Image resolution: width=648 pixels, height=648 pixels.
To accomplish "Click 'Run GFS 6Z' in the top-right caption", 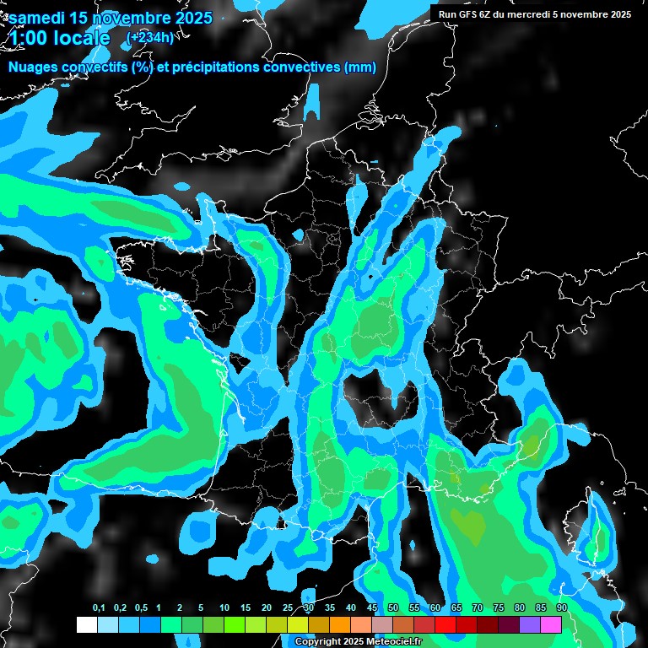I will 466,14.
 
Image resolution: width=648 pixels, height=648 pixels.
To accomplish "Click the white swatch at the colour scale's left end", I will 86,624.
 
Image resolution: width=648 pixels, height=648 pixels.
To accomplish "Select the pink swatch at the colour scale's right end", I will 551,624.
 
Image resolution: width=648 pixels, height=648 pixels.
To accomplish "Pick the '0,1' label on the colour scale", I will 98,607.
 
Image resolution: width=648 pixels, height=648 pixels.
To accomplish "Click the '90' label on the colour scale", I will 561,607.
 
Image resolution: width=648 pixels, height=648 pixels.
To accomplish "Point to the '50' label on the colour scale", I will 393,607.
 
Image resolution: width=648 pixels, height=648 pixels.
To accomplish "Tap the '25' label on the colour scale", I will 288,607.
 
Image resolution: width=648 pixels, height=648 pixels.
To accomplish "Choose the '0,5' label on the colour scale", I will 140,607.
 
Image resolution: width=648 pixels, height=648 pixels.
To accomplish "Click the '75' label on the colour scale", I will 498,607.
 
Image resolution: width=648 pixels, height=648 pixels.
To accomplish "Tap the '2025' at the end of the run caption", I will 620,14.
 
